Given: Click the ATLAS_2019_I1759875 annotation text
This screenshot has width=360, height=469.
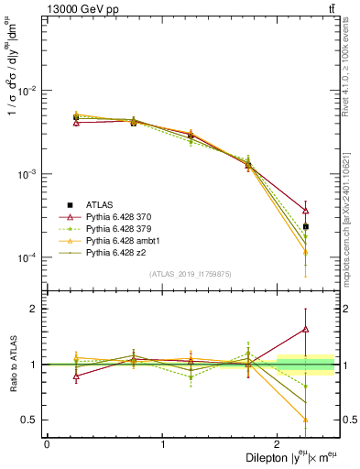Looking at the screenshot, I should coord(191,273).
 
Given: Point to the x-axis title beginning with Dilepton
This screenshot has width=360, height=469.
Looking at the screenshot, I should coord(291,456).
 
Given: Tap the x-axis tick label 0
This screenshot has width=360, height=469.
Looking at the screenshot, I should coord(47,444).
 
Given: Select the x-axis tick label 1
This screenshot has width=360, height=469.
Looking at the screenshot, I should coord(162,444).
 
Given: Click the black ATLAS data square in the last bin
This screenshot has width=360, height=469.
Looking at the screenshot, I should coord(306,226).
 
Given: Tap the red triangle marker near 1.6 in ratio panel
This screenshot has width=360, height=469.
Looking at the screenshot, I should coord(306,329).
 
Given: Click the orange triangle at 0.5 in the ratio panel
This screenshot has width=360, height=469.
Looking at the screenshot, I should coord(306,420).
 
